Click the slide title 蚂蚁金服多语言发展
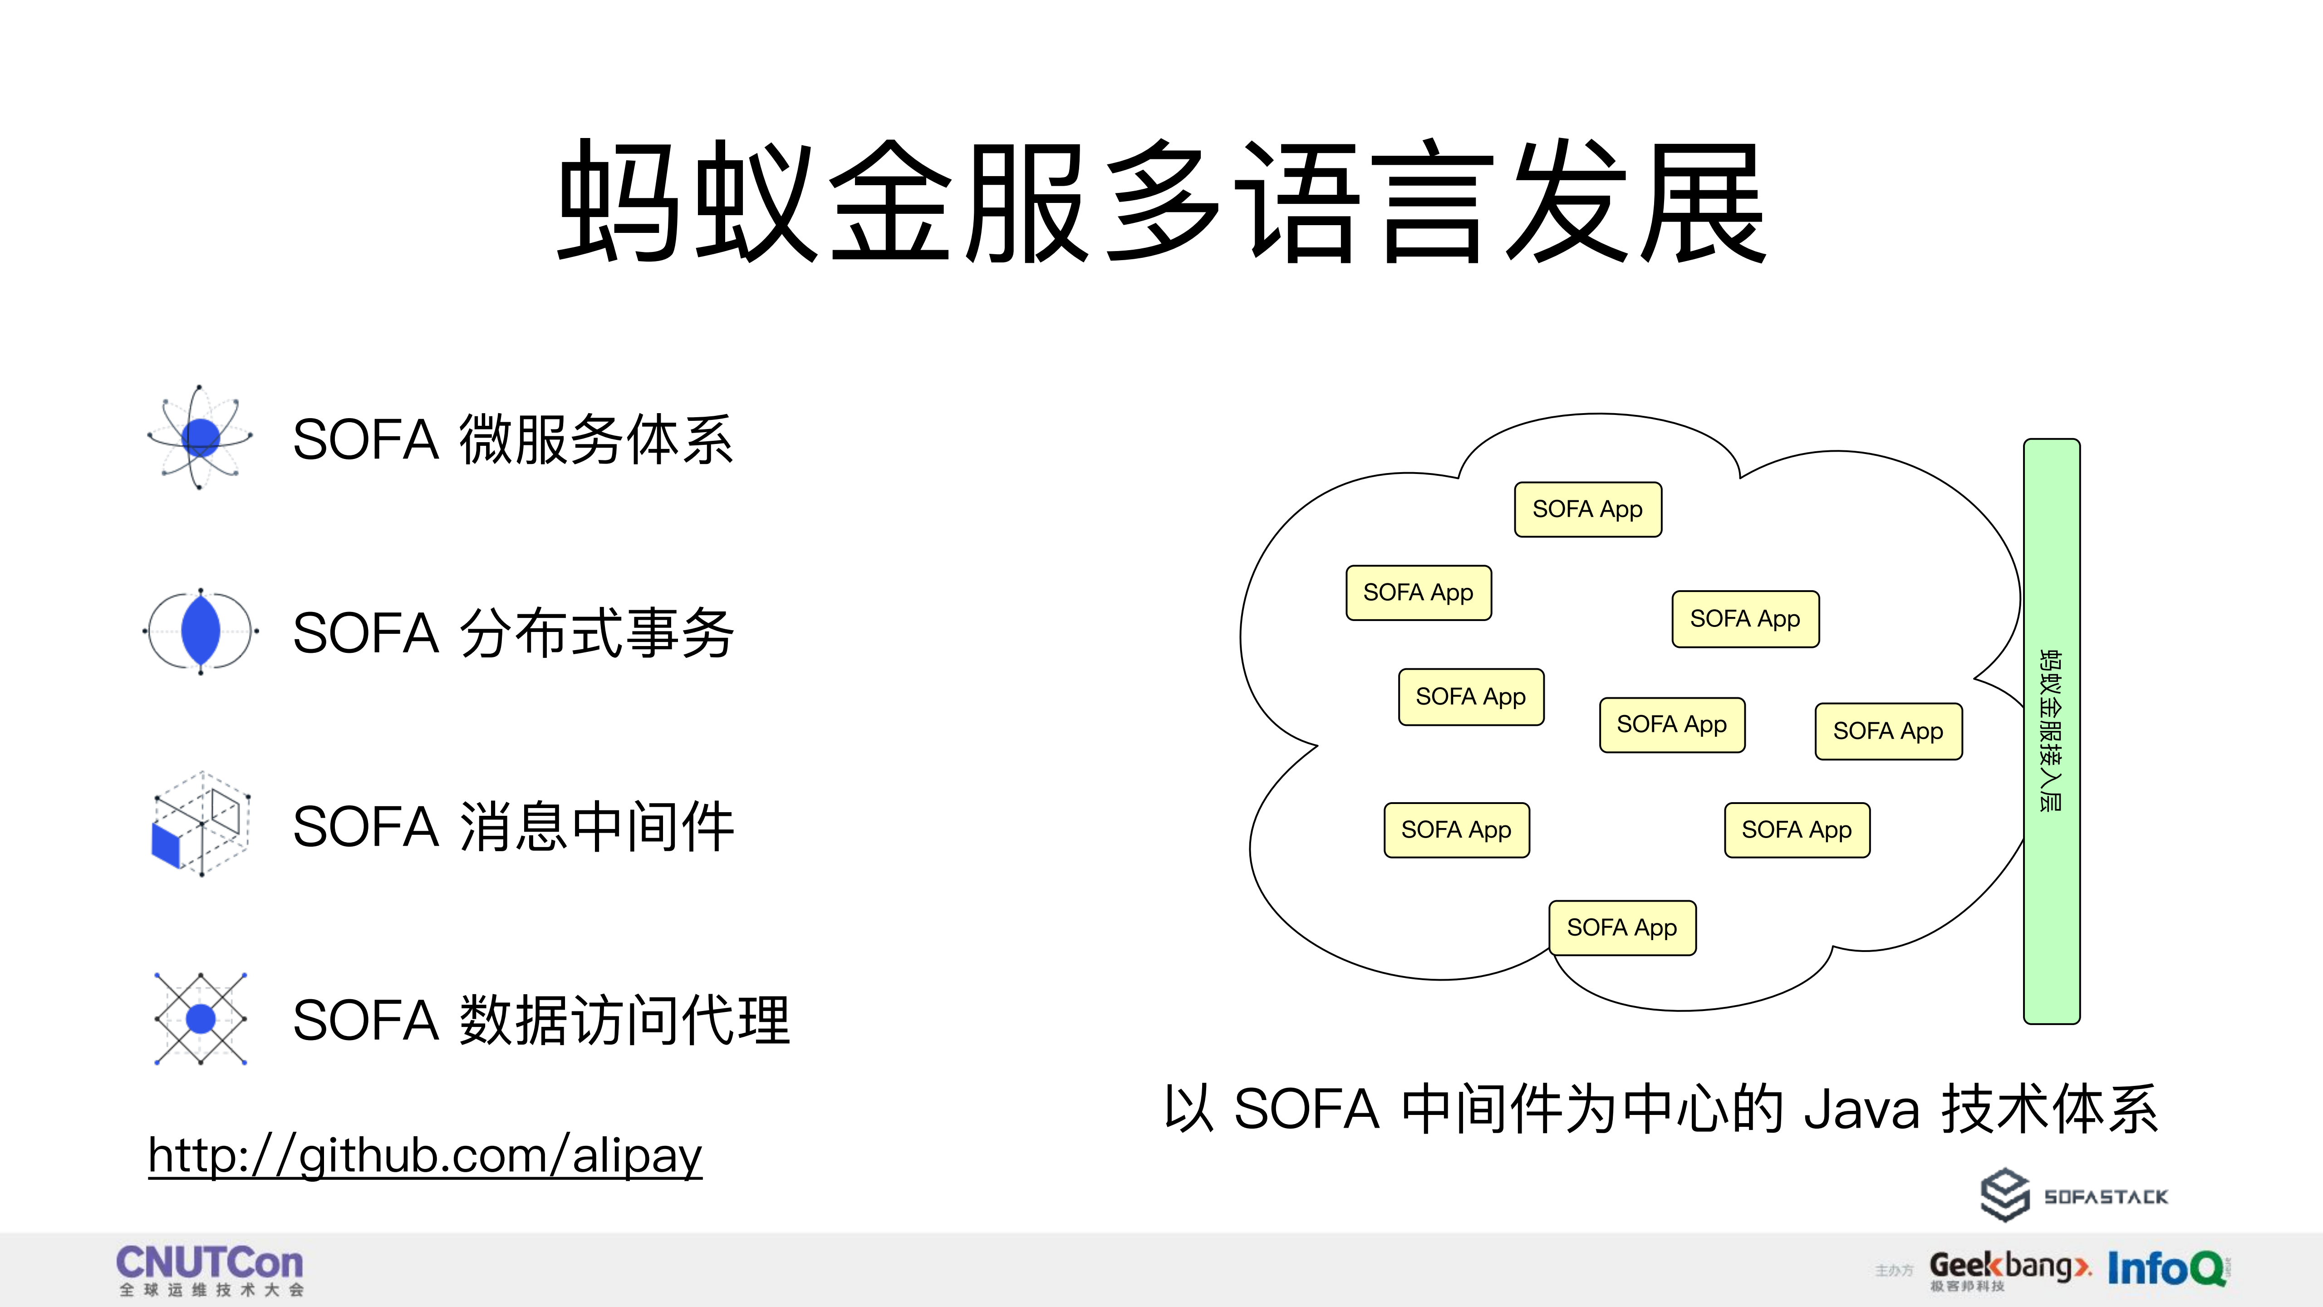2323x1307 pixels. pos(1162,203)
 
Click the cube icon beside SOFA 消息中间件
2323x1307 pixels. pos(200,824)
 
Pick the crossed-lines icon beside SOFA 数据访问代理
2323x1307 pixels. pos(200,1018)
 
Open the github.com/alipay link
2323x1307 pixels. pos(425,1155)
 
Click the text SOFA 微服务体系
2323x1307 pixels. pos(513,440)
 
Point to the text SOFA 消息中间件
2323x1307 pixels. pos(513,827)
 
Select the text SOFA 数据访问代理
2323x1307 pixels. pos(541,1020)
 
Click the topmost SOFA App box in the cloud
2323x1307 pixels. pos(1587,510)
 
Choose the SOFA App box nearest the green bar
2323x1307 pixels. pos(1887,731)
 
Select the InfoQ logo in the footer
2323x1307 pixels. pos(2166,1268)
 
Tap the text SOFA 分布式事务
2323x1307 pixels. pos(513,633)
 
